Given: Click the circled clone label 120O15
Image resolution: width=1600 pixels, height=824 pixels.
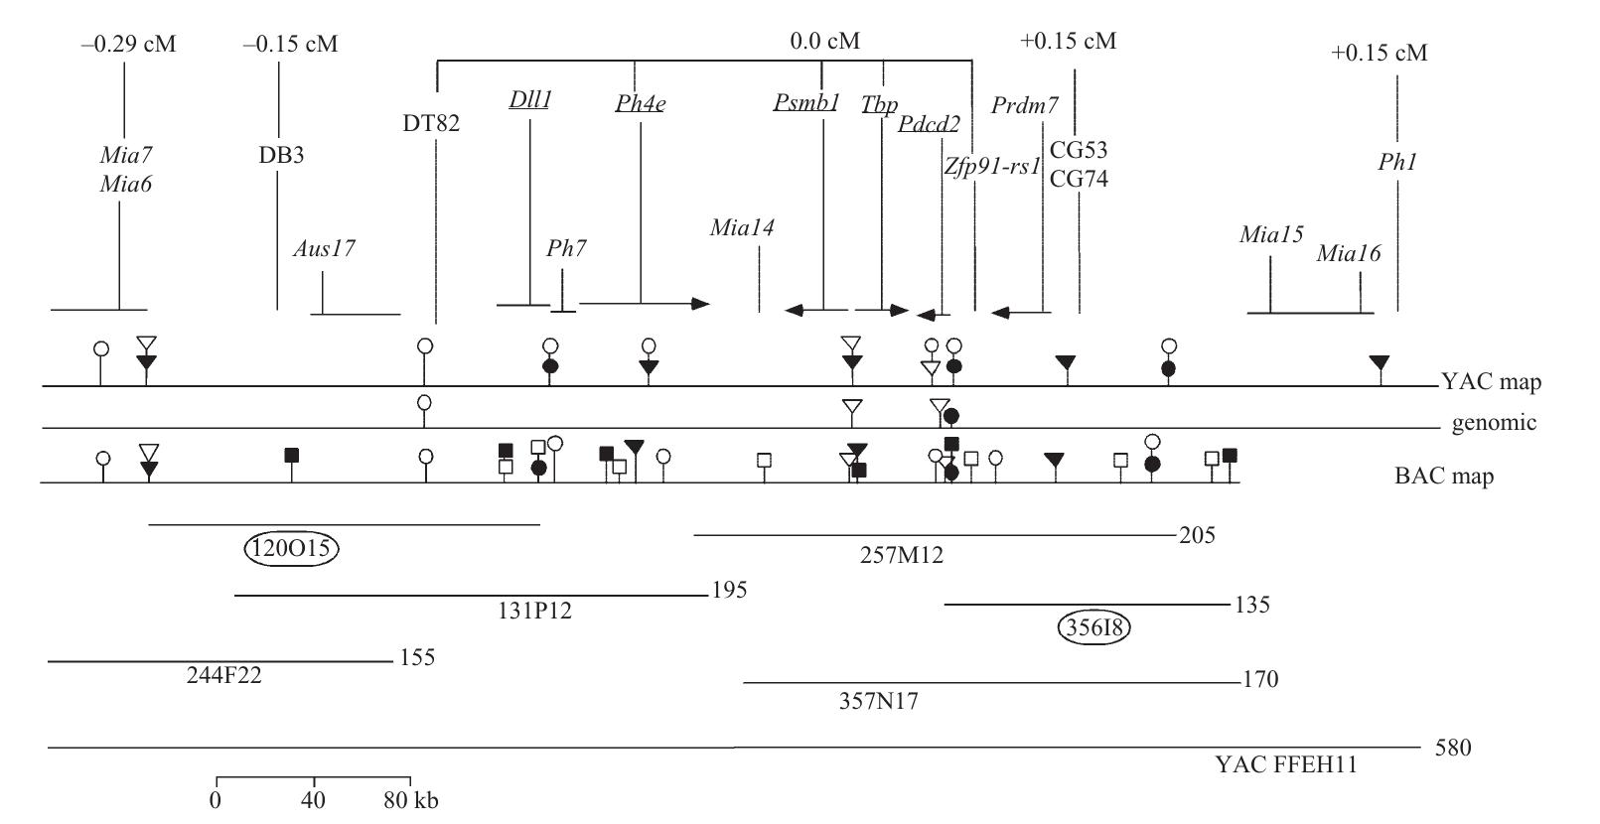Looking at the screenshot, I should [x=291, y=549].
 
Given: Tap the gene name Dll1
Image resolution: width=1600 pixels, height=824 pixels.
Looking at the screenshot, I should [x=529, y=100].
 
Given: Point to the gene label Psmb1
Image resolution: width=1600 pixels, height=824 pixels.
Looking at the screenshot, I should [x=806, y=102].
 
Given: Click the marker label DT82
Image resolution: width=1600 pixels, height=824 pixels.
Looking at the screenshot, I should [x=431, y=124].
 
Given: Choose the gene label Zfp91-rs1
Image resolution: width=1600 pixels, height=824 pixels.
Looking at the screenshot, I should [x=991, y=166].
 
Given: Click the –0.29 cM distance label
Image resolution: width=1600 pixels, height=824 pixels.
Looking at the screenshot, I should [x=129, y=44].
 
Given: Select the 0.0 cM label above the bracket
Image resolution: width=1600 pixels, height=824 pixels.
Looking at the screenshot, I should [x=824, y=42].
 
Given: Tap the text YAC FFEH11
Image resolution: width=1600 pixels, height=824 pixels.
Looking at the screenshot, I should [x=1285, y=765].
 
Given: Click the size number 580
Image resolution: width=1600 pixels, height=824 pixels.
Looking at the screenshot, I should [x=1453, y=748].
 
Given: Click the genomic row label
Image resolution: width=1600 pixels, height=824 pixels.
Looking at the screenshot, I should [x=1494, y=424].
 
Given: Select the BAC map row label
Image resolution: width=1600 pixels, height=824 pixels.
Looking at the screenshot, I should [x=1444, y=477].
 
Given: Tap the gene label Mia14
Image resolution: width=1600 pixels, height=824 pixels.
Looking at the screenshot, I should [x=742, y=228].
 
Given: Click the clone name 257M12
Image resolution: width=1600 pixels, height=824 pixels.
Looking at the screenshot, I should [x=901, y=556].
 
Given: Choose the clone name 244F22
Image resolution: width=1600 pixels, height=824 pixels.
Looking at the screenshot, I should [x=224, y=676].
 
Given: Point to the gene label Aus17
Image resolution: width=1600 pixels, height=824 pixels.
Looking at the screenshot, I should [x=324, y=249].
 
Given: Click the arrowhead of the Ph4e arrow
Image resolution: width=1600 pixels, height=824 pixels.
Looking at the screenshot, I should [x=702, y=303].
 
